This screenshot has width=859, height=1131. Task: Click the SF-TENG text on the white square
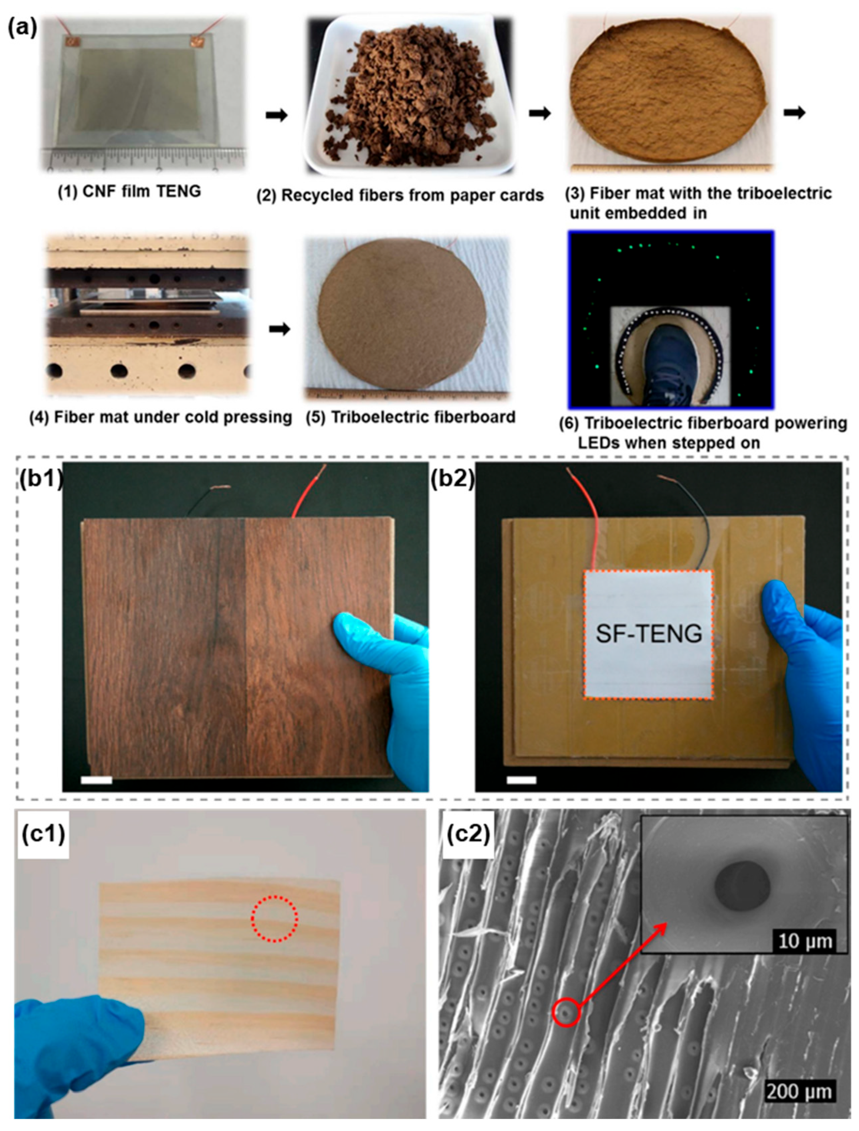(x=649, y=634)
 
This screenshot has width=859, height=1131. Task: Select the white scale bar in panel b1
(x=97, y=780)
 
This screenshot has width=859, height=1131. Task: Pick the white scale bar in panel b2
(x=522, y=780)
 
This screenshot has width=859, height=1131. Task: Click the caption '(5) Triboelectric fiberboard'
(x=411, y=417)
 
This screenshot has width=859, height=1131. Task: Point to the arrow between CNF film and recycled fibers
(x=277, y=115)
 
